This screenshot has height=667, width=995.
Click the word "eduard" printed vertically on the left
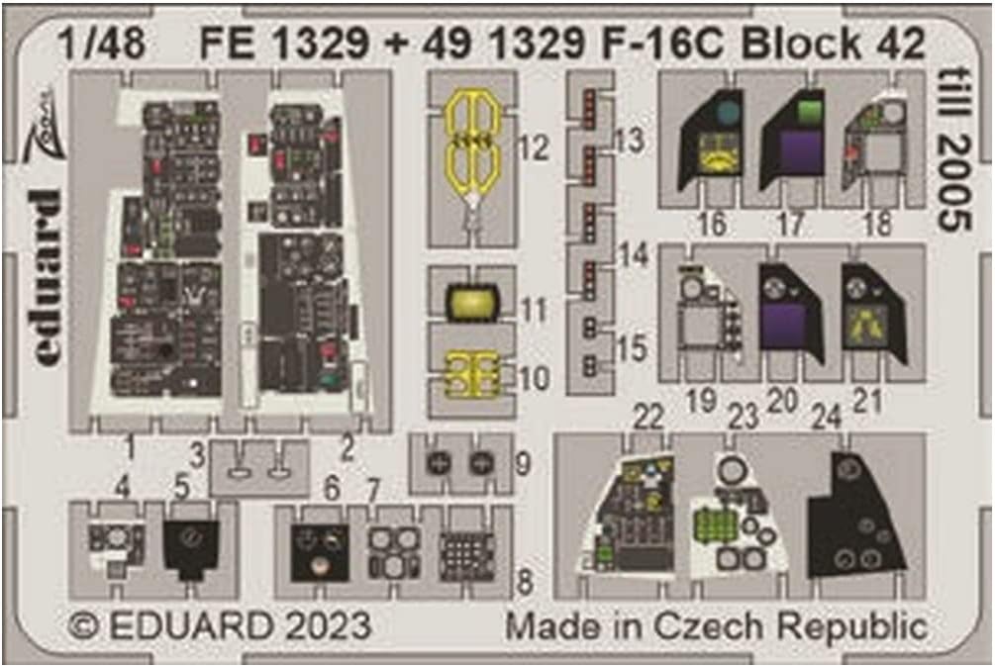46,277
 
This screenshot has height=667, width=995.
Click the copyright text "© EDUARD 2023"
220,625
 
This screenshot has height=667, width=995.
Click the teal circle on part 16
728,114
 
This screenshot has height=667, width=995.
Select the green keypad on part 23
713,524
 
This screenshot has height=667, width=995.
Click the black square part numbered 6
319,552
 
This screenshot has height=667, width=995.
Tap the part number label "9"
523,462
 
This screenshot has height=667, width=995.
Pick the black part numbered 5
191,544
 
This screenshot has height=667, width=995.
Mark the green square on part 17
811,110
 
